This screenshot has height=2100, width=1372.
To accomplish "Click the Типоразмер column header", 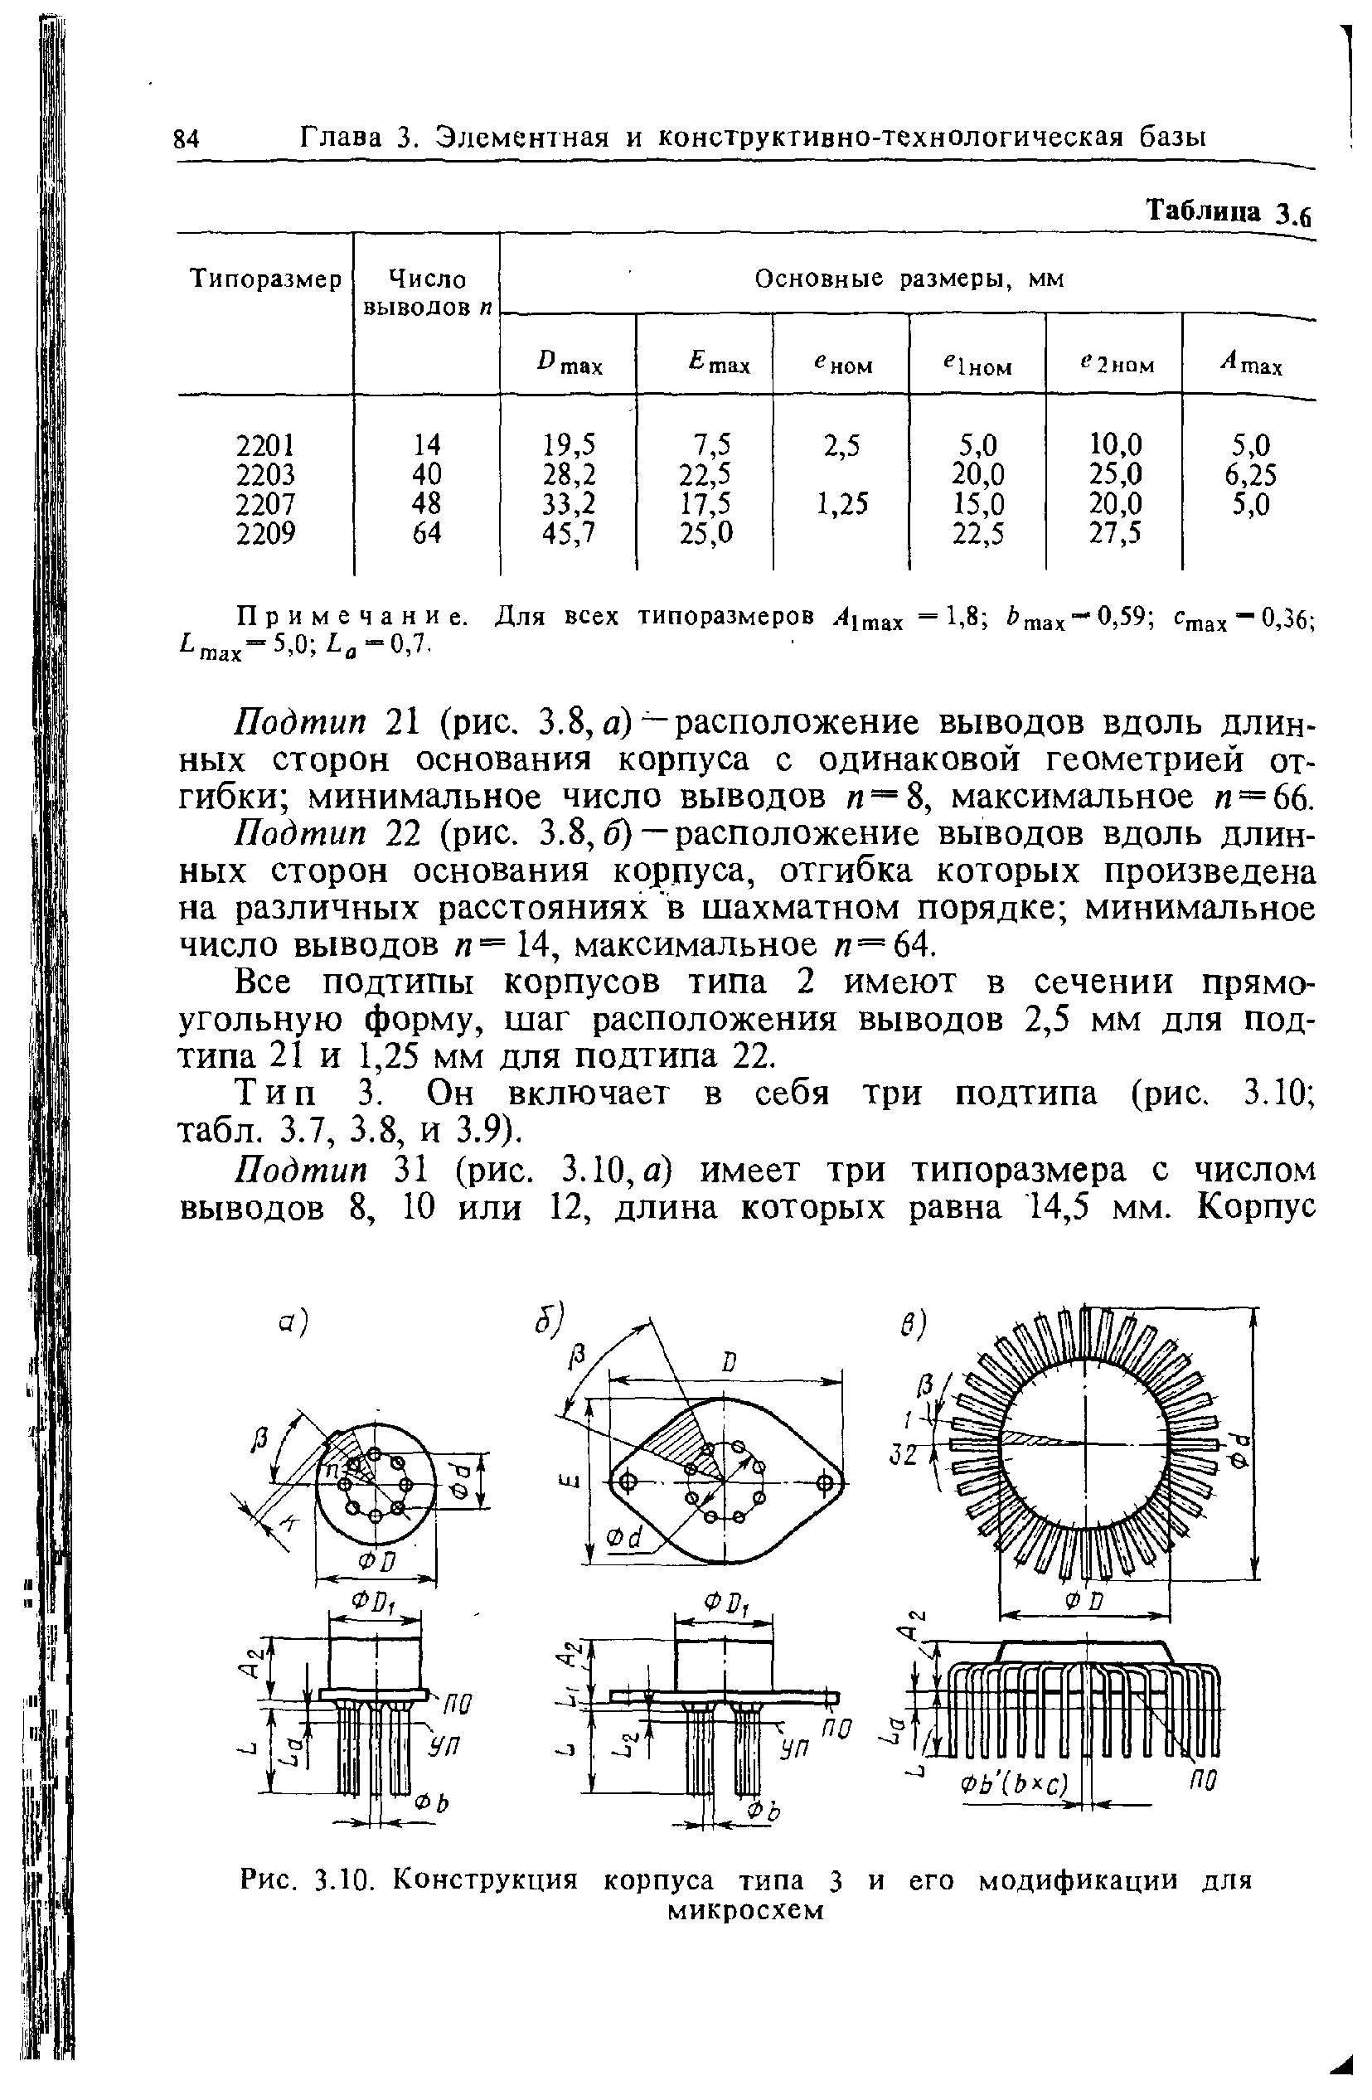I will [x=265, y=280].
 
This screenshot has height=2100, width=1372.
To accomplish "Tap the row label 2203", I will [x=265, y=475].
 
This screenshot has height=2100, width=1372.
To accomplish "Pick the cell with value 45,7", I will [x=571, y=533].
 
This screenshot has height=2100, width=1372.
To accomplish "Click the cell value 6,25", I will [x=1250, y=475].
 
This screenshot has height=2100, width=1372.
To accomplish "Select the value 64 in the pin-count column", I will [x=427, y=533].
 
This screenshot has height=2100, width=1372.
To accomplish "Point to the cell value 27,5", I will [x=1115, y=533].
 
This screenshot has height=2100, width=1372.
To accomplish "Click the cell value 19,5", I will [x=571, y=444].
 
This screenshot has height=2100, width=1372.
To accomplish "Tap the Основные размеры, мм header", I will [x=909, y=279].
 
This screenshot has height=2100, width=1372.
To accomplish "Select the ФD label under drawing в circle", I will [x=1084, y=1600].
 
